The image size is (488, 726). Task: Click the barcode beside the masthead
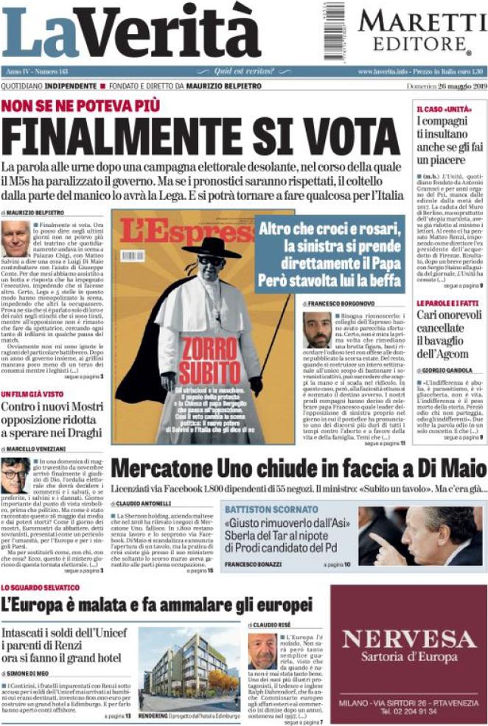[334, 29]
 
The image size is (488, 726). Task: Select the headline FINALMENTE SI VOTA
[201, 134]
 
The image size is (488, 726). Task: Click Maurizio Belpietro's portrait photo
[15, 239]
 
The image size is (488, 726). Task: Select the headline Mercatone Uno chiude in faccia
[298, 469]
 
